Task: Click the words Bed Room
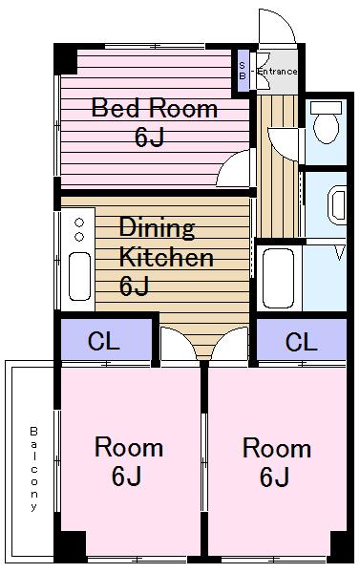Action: [154, 108]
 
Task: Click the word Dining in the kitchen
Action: [157, 228]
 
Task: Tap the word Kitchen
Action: [165, 258]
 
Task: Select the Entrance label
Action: [278, 72]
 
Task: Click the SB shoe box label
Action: [243, 70]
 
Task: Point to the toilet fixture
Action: [327, 125]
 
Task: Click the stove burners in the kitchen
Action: [77, 228]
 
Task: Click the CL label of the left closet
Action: [103, 341]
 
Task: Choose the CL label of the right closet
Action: [301, 341]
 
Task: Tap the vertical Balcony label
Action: [33, 468]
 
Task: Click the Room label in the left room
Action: [128, 447]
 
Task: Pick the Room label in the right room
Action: [276, 448]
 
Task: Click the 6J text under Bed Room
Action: [148, 137]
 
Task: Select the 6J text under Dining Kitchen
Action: [134, 286]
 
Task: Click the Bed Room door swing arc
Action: [233, 170]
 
